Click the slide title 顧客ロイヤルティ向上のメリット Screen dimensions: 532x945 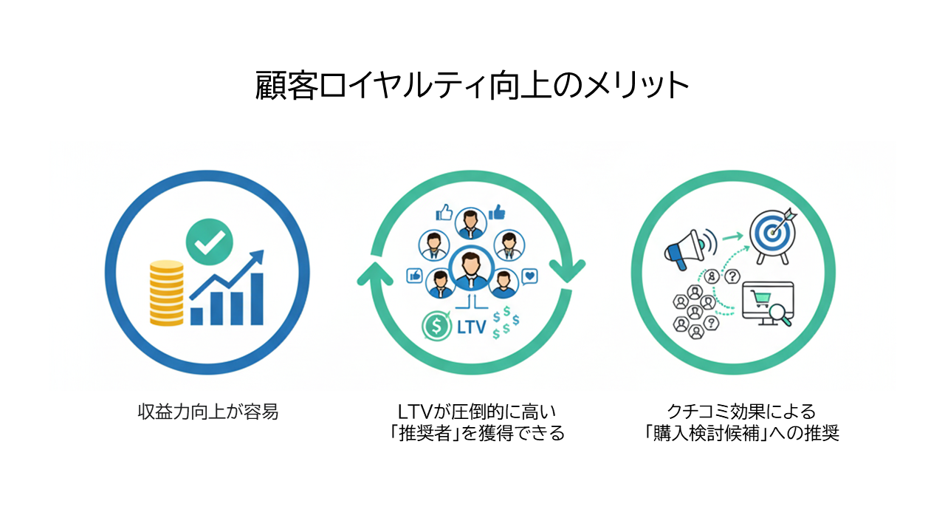tap(472, 86)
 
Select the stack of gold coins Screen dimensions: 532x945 tap(166, 292)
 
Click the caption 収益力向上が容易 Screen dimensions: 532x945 tap(208, 412)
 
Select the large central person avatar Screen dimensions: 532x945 tap(470, 267)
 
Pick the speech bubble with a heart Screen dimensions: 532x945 tap(529, 277)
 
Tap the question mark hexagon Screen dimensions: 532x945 tap(732, 276)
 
